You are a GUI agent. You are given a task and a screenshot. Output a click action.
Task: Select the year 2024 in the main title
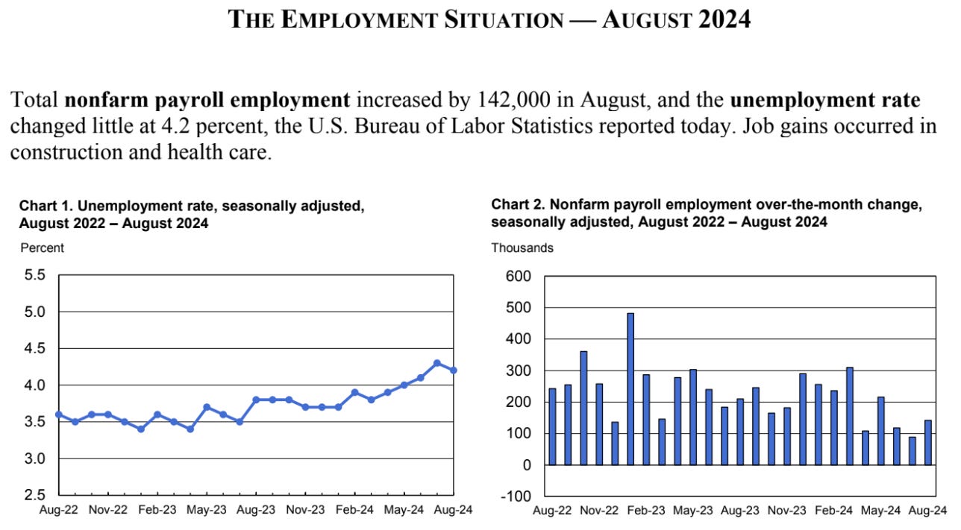pyautogui.click(x=724, y=20)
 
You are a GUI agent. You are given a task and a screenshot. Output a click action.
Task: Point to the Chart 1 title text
pyautogui.click(x=191, y=213)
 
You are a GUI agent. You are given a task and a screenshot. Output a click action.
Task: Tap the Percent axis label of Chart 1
pyautogui.click(x=42, y=247)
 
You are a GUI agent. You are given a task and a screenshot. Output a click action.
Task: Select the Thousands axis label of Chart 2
pyautogui.click(x=522, y=247)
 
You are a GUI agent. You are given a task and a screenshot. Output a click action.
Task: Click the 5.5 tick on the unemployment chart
pyautogui.click(x=35, y=275)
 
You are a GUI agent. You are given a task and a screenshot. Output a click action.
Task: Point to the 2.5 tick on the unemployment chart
pyautogui.click(x=35, y=494)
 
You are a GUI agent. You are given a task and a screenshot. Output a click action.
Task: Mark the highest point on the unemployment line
pyautogui.click(x=436, y=363)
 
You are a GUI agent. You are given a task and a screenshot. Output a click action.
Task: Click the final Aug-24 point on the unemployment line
pyautogui.click(x=453, y=370)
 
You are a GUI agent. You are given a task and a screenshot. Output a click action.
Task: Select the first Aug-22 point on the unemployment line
pyautogui.click(x=59, y=414)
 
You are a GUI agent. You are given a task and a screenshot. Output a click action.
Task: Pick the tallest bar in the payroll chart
pyautogui.click(x=630, y=388)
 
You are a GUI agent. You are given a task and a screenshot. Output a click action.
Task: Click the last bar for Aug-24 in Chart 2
pyautogui.click(x=928, y=443)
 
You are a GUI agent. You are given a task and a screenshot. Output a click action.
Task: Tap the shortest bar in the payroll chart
pyautogui.click(x=913, y=451)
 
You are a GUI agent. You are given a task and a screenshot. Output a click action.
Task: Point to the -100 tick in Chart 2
pyautogui.click(x=517, y=496)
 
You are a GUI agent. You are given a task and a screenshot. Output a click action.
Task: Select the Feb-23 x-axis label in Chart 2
pyautogui.click(x=646, y=511)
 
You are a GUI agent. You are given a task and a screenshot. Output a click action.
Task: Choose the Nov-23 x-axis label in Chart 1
pyautogui.click(x=305, y=511)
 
